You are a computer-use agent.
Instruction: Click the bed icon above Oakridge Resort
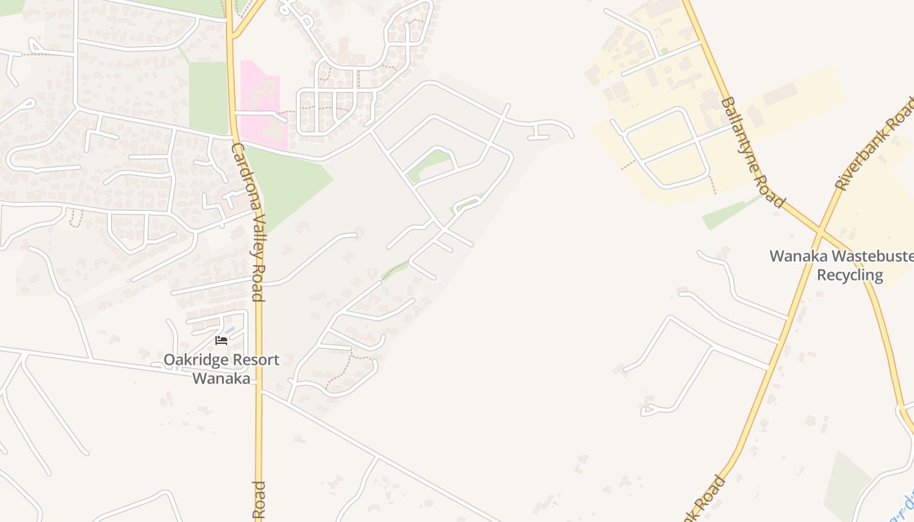point(221,340)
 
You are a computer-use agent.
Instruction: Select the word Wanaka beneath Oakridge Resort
point(221,378)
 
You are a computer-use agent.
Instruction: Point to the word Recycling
point(850,275)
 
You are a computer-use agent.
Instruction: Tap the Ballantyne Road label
point(753,153)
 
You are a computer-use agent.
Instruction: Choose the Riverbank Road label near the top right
point(875,144)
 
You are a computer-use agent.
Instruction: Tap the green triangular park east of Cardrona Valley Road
point(287,183)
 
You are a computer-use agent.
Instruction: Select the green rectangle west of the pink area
point(208,98)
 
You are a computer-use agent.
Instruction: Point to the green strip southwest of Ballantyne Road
point(728,213)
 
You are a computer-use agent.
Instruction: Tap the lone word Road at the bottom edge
point(259,500)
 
